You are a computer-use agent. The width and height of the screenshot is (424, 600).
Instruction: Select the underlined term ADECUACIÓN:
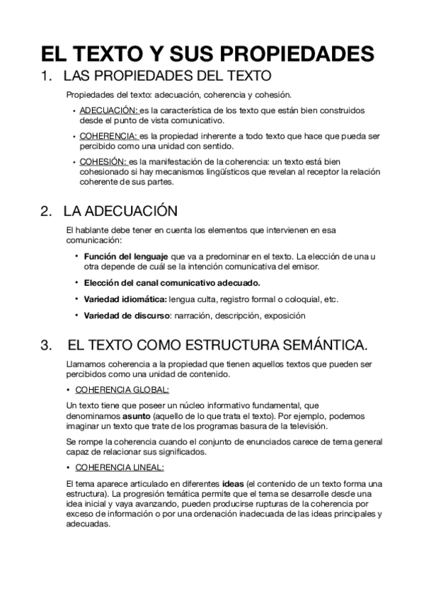pos(109,111)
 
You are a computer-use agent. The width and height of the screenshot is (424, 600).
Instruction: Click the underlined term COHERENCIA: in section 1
pos(109,137)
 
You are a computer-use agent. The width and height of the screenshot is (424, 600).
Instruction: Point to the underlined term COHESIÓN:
pos(103,161)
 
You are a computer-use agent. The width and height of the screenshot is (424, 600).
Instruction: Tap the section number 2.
pos(47,212)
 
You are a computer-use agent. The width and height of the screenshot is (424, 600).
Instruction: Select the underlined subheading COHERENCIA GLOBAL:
pos(122,390)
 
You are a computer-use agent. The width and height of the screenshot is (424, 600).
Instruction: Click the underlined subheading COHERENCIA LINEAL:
pos(118,468)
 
